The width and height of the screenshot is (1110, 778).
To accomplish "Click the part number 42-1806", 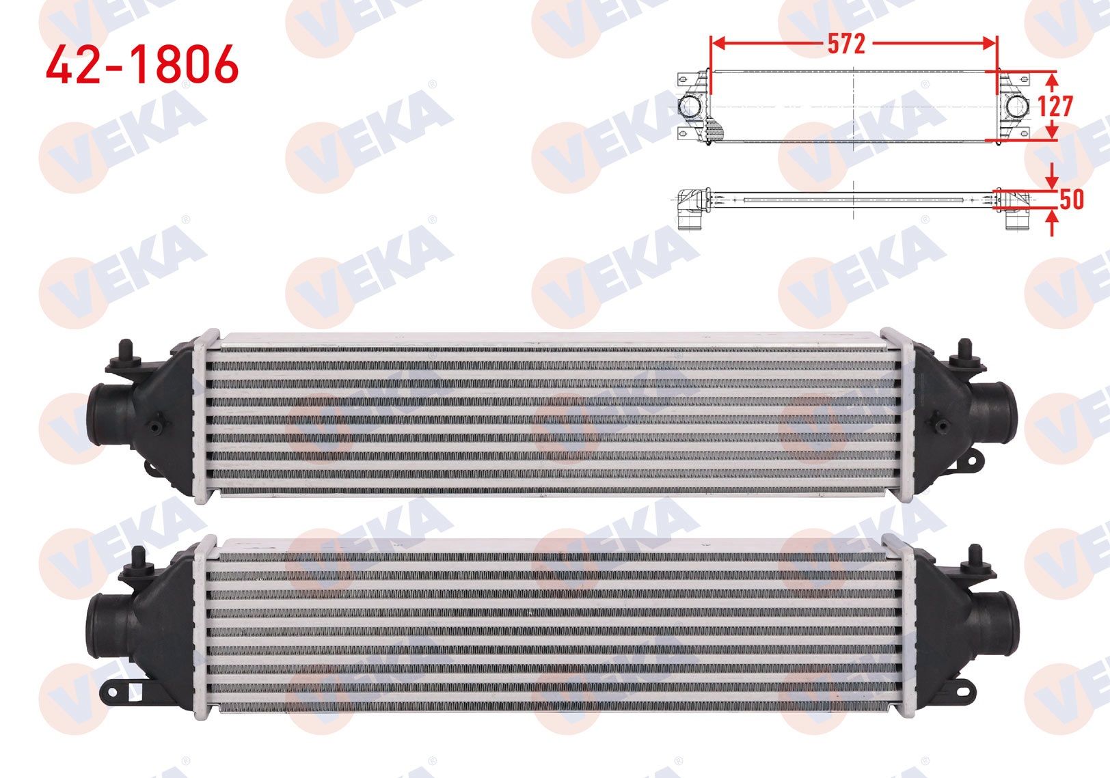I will tap(142, 64).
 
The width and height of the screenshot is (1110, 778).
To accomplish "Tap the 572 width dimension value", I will tap(846, 44).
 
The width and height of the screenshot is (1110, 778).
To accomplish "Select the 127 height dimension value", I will tap(1055, 106).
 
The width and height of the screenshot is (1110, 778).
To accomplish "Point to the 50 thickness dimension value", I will tap(1071, 199).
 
